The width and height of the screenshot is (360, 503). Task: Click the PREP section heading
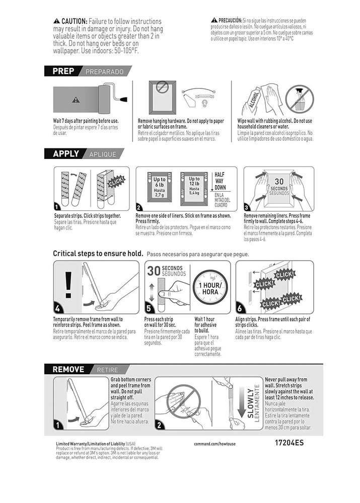[x=63, y=71]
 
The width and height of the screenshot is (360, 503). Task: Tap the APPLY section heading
[x=66, y=154]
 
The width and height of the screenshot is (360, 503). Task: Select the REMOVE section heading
[x=68, y=369]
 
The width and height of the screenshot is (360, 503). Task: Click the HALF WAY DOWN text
[x=220, y=181]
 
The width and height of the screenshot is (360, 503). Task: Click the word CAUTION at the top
[x=74, y=22]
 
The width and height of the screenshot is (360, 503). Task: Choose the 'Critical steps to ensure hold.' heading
[x=99, y=254]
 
